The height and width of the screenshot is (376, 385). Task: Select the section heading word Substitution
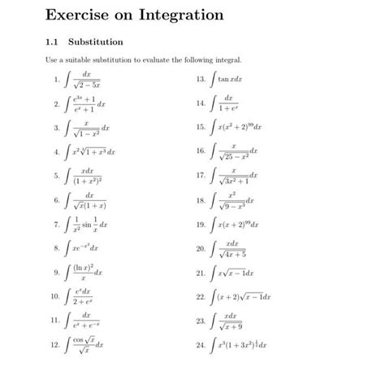pos(96,41)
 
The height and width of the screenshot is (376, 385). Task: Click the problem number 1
pos(55,80)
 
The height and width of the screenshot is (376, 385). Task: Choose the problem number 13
pos(200,80)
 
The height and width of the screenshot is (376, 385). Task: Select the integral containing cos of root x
pos(84,344)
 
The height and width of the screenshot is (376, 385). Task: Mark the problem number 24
pos(200,344)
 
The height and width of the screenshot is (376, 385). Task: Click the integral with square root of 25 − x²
pos(235,151)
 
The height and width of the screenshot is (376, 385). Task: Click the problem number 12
pos(54,344)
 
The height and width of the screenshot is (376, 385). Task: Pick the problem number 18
pos(200,200)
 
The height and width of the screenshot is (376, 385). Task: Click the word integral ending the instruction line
pos(229,60)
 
